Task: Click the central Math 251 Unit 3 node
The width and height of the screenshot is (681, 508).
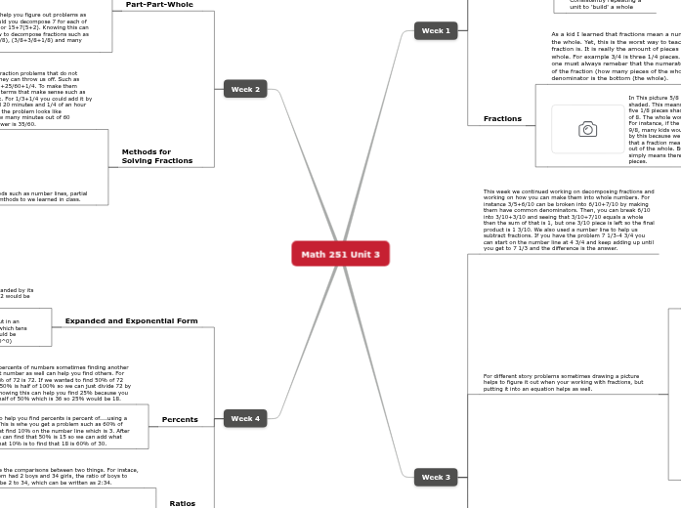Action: pyautogui.click(x=340, y=254)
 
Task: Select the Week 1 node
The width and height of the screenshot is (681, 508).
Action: pyautogui.click(x=435, y=31)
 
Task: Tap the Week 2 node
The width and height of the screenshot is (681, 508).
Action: pyautogui.click(x=244, y=89)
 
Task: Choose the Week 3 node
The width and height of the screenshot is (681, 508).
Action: pyautogui.click(x=435, y=477)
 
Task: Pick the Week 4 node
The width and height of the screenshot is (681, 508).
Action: pyautogui.click(x=244, y=418)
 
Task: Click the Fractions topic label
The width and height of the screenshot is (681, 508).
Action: pyautogui.click(x=502, y=119)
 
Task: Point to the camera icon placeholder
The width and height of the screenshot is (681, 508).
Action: pyautogui.click(x=587, y=129)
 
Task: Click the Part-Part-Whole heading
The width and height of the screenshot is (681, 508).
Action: pyautogui.click(x=159, y=5)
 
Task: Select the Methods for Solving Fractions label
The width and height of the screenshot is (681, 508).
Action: pyautogui.click(x=156, y=156)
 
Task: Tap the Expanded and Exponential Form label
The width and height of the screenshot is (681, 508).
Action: pyautogui.click(x=131, y=320)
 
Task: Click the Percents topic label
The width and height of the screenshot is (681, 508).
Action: pyautogui.click(x=180, y=419)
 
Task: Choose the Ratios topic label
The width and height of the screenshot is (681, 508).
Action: pyautogui.click(x=182, y=503)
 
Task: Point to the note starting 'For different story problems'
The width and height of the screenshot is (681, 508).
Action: pyautogui.click(x=561, y=382)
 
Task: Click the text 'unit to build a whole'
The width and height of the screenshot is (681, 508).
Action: pyautogui.click(x=601, y=7)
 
